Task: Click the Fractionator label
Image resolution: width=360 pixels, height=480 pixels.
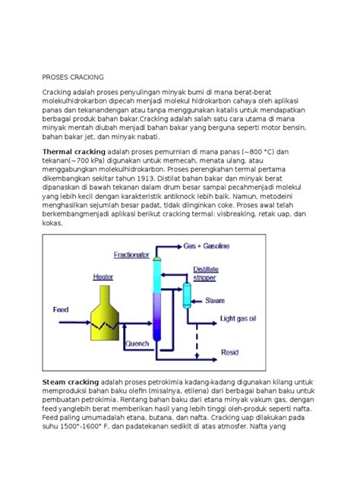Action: point(131,254)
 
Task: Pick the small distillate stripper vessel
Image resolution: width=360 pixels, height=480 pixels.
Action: point(186,294)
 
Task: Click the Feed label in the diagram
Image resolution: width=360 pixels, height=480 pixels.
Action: point(60,309)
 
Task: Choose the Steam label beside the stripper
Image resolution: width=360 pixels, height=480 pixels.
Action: point(215,301)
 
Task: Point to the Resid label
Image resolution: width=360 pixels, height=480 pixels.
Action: point(229,352)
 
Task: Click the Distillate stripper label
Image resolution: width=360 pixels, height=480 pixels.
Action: point(206,272)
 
